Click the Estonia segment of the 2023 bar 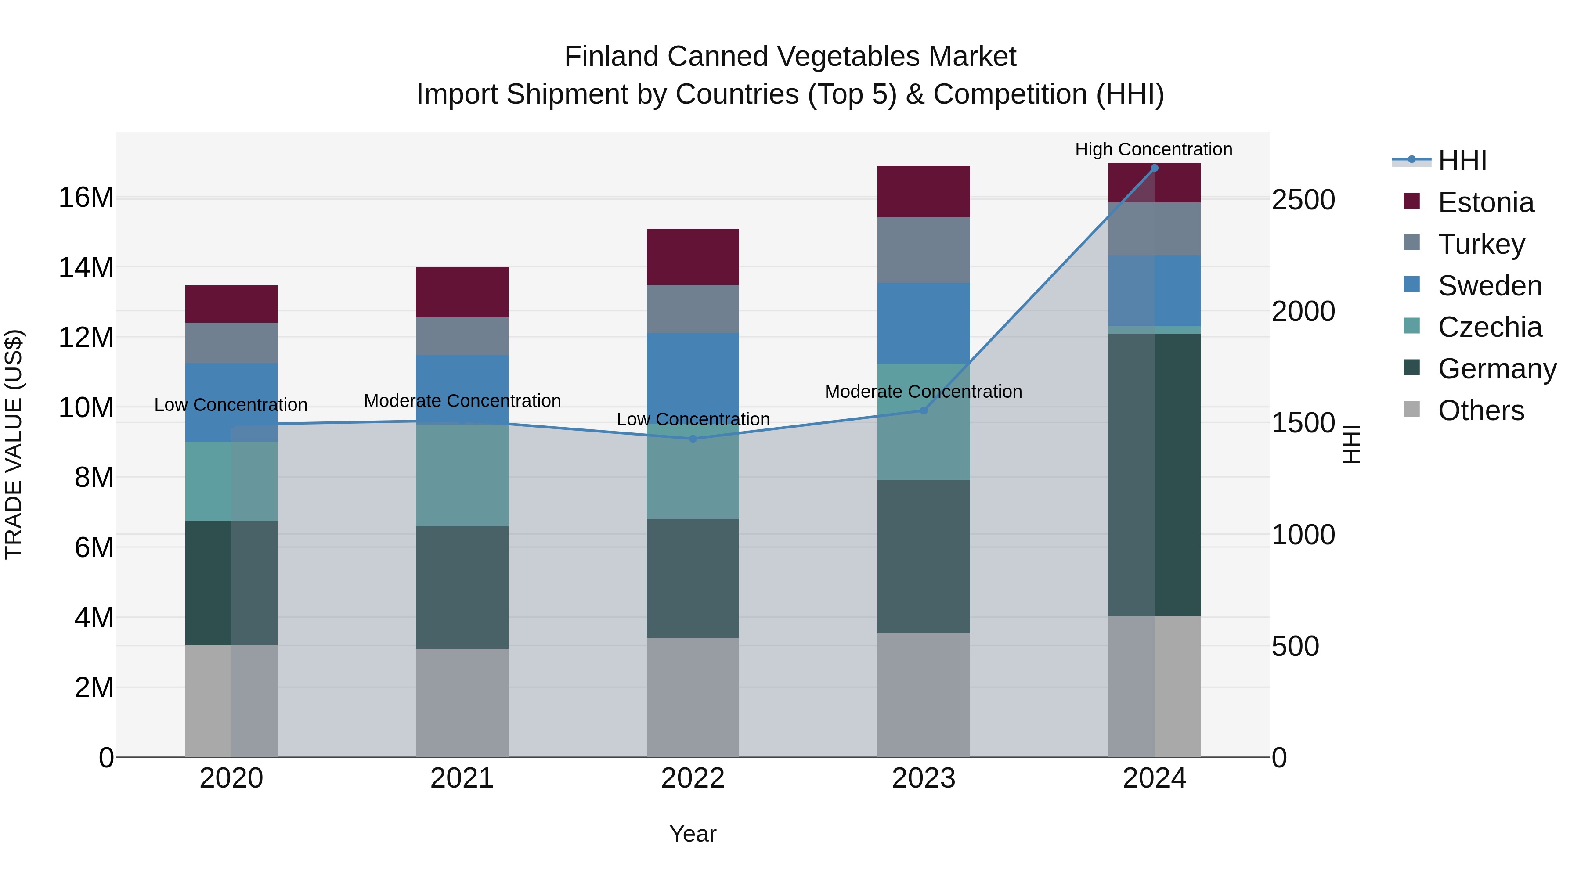[x=923, y=191]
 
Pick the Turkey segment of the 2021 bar [x=462, y=336]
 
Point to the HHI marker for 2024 [x=1154, y=168]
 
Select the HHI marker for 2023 [x=923, y=410]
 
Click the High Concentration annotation [x=1153, y=149]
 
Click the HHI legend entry [x=1462, y=161]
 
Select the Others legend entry [x=1480, y=410]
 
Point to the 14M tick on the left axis [x=86, y=267]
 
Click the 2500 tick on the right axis [x=1303, y=200]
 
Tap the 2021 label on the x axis [x=462, y=778]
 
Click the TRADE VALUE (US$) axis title [x=14, y=444]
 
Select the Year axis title [x=692, y=834]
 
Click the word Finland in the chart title [x=611, y=57]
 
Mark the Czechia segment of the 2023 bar [x=923, y=422]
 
